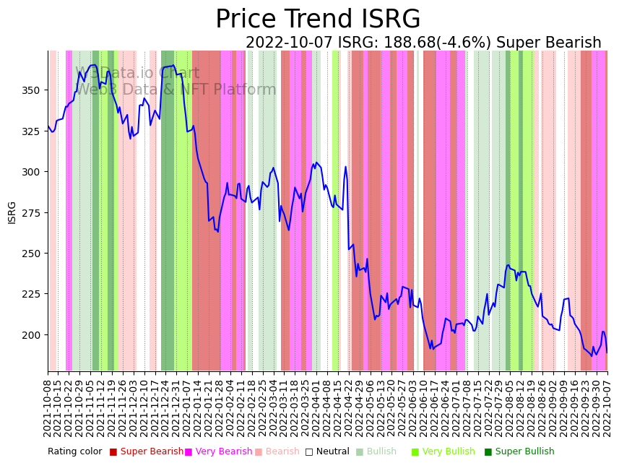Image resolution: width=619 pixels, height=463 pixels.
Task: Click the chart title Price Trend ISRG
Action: point(318,20)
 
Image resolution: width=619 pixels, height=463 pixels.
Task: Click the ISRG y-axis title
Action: point(12,212)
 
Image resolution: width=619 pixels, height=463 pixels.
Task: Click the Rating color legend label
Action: point(75,452)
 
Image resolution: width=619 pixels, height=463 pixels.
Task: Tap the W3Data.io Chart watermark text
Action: point(137,73)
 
